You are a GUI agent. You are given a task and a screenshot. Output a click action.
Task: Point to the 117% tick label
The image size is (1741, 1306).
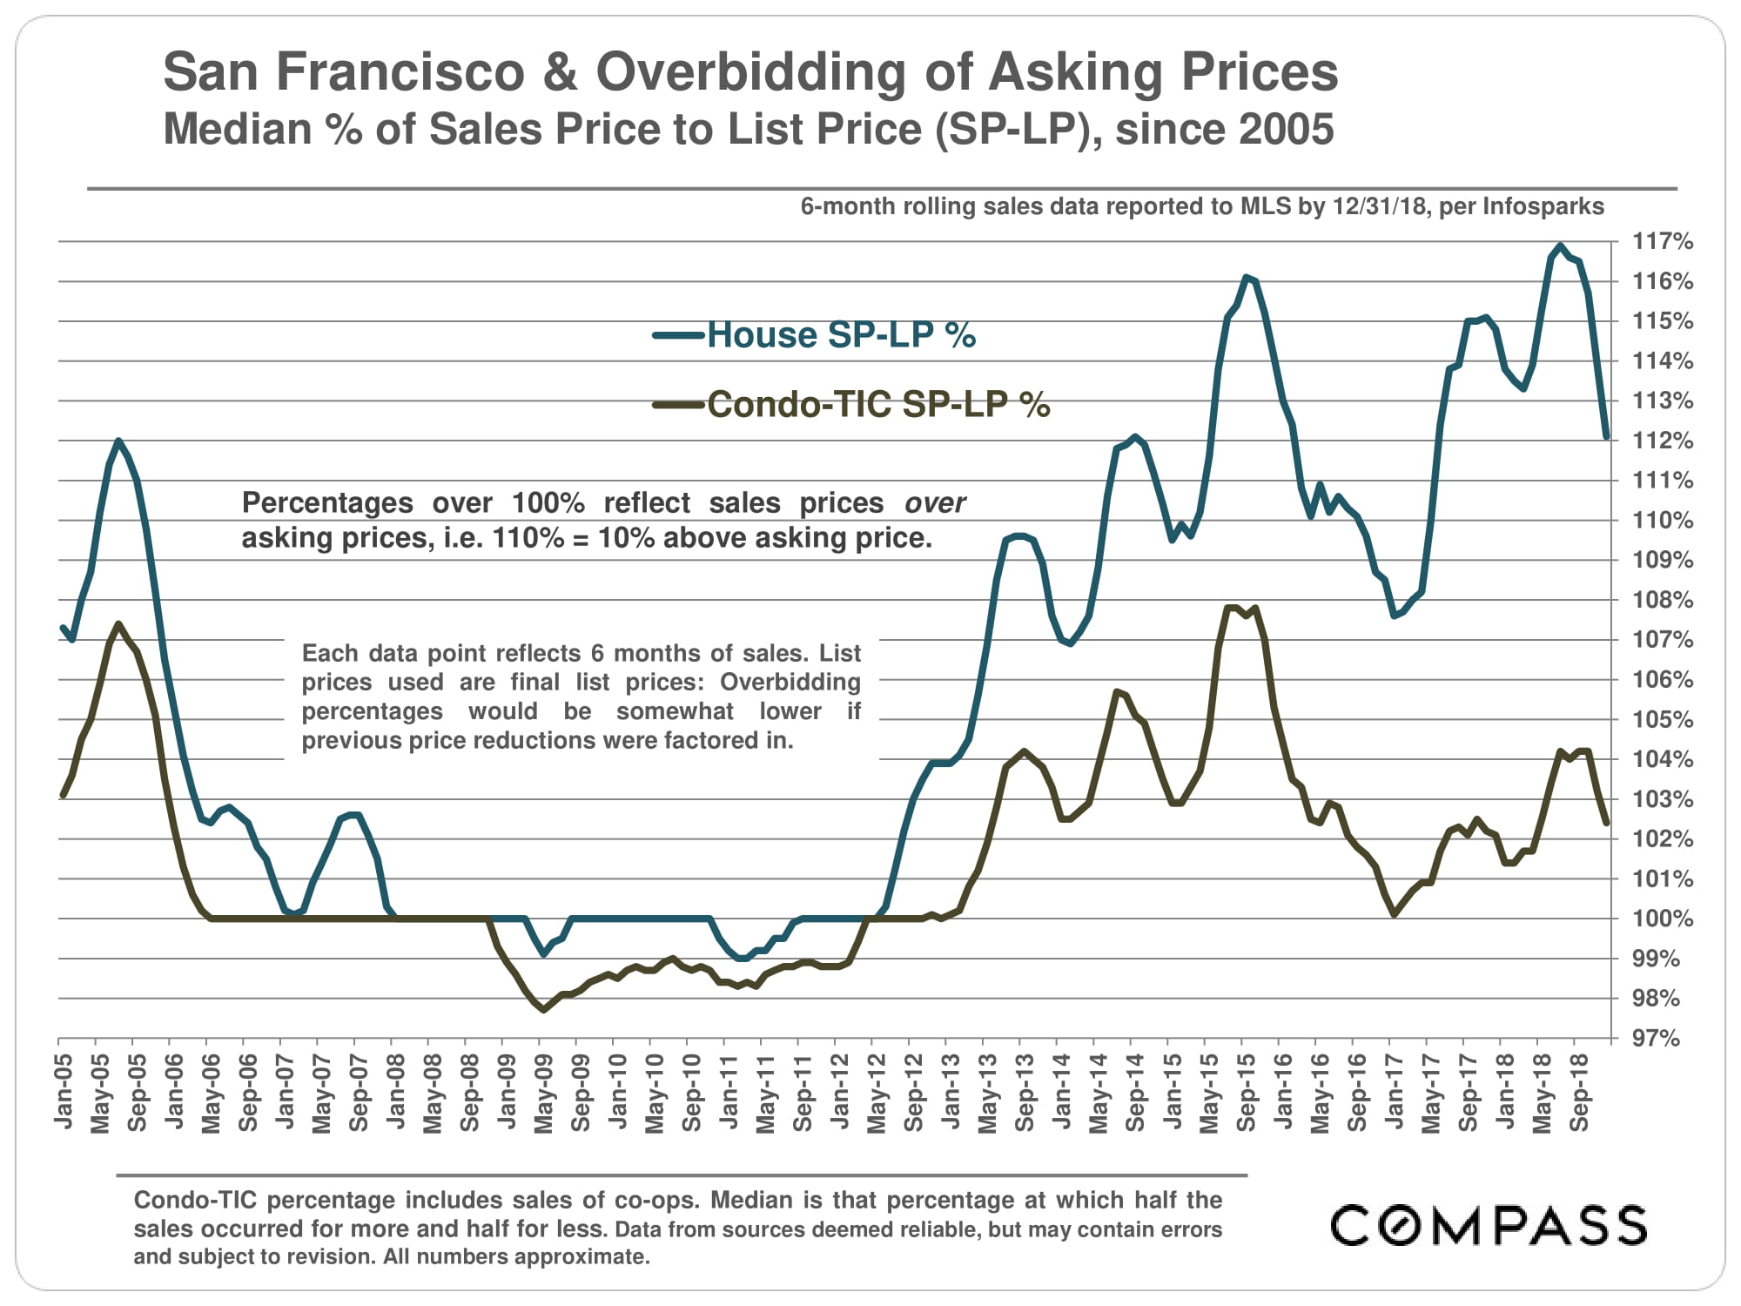pos(1662,241)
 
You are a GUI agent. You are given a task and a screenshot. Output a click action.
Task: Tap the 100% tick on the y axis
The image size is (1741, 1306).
pos(1662,919)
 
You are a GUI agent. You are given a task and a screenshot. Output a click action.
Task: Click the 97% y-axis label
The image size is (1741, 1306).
pos(1656,1038)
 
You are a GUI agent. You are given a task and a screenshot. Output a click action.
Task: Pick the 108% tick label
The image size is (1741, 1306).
pos(1662,600)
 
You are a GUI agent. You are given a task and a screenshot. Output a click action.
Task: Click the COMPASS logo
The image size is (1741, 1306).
pos(1489,1225)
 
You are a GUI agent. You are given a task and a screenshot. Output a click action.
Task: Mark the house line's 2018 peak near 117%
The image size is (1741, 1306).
pos(1560,246)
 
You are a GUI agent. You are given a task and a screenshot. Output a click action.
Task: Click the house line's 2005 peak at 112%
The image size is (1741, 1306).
pos(118,441)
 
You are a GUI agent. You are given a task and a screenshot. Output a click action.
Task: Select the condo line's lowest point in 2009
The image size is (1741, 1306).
pos(543,1010)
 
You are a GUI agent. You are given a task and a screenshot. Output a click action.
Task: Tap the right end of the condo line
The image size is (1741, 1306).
pos(1606,823)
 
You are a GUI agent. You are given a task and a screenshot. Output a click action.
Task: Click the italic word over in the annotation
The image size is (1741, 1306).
pos(935,503)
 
